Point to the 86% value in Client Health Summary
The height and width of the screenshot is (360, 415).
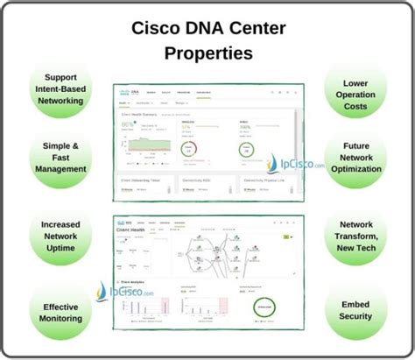(x=129, y=124)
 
